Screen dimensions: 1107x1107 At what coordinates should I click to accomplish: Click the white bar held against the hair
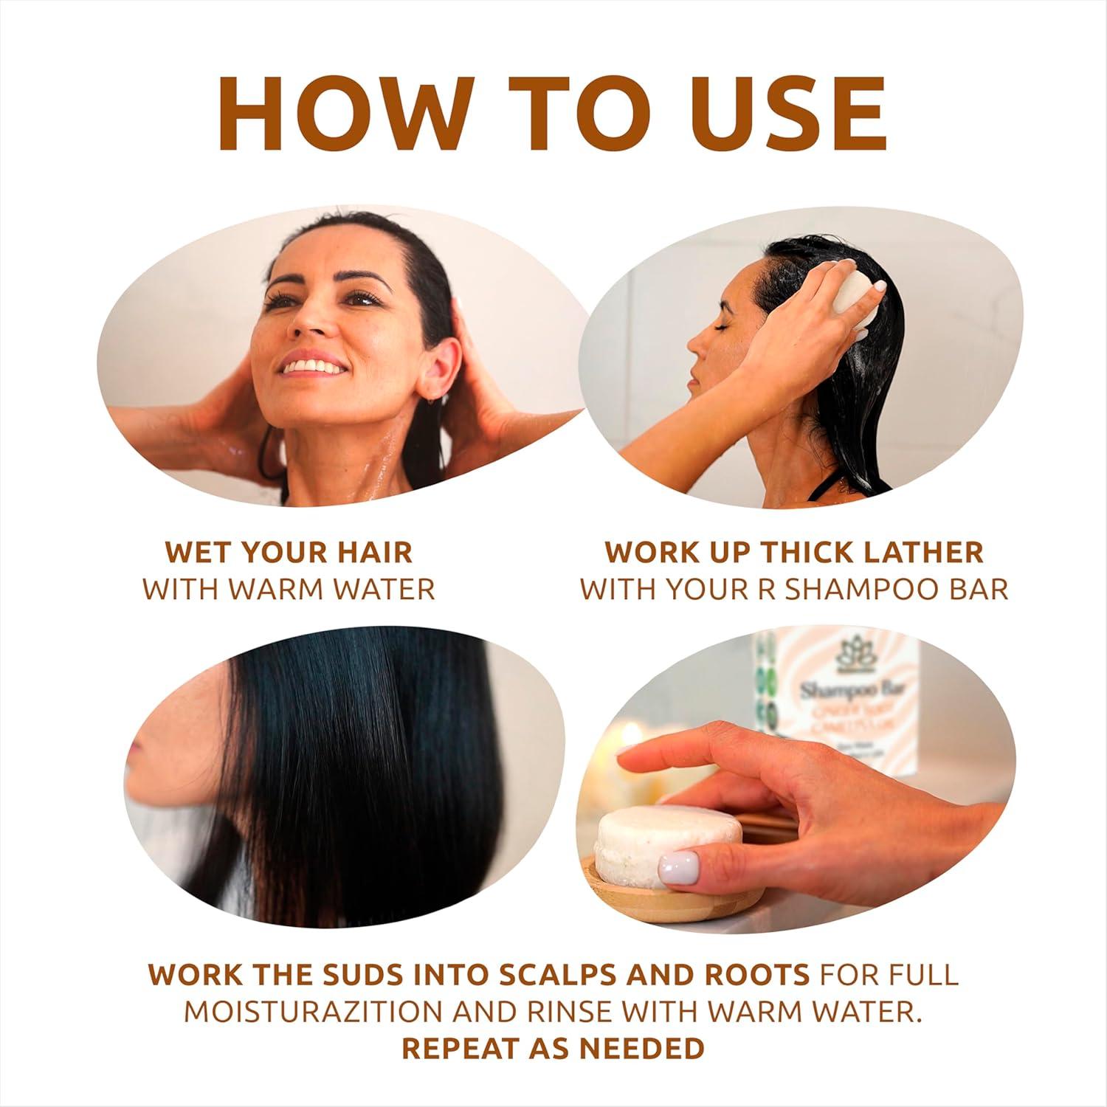pos(848,297)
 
